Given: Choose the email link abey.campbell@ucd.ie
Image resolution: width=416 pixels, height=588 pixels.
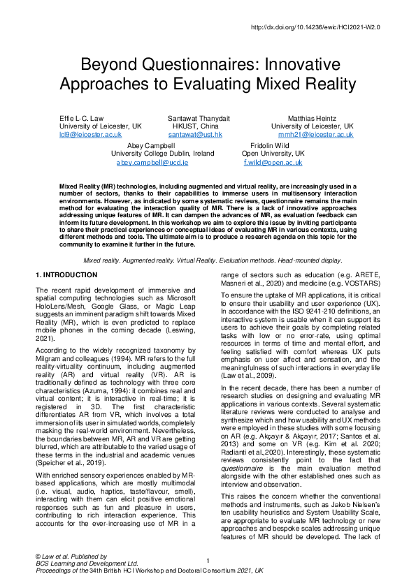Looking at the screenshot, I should point(152,162).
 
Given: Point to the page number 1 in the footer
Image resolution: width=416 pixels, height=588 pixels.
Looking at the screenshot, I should point(208,561).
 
